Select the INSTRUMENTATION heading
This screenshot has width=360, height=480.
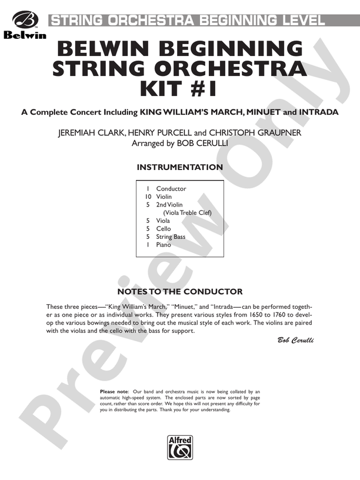(179, 168)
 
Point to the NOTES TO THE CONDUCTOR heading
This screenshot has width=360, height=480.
(179, 292)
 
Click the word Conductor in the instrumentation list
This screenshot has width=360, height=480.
(171, 189)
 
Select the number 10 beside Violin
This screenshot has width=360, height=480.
(149, 197)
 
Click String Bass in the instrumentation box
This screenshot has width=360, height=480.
(171, 237)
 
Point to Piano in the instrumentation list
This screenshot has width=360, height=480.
(163, 245)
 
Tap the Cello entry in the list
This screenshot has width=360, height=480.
(163, 229)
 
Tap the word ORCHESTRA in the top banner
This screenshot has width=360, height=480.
(154, 21)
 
